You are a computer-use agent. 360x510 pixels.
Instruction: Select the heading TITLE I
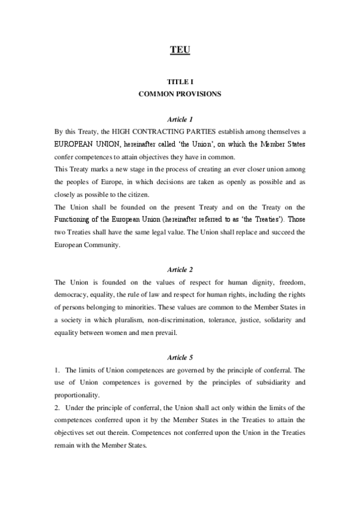tap(180, 81)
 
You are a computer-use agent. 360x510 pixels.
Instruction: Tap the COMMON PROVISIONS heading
tap(180, 94)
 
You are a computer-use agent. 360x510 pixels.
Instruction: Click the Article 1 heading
tap(180, 119)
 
